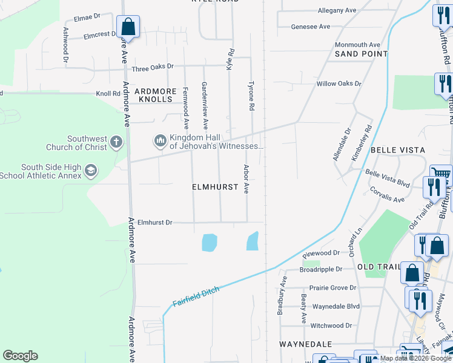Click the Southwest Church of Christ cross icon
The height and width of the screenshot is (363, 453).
(x=116, y=143)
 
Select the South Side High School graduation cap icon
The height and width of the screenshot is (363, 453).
(x=91, y=171)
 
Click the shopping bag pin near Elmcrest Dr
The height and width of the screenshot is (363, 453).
(x=128, y=27)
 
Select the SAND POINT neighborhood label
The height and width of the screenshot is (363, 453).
(x=361, y=54)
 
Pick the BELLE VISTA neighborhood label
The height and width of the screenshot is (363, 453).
(x=398, y=149)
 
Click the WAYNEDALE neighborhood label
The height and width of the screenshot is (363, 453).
(x=306, y=344)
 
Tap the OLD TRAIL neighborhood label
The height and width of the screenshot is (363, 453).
(x=379, y=267)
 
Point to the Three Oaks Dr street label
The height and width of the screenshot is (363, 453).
(x=153, y=67)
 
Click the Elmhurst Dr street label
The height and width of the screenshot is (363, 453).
(x=155, y=222)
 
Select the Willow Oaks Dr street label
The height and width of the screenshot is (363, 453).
(x=339, y=83)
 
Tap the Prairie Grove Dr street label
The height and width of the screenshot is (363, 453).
(x=332, y=287)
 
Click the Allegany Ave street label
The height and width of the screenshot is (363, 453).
(x=337, y=11)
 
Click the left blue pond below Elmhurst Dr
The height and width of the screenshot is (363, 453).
(x=208, y=243)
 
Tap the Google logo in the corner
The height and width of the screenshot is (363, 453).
(x=20, y=356)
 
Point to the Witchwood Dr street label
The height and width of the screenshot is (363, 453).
(x=331, y=325)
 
